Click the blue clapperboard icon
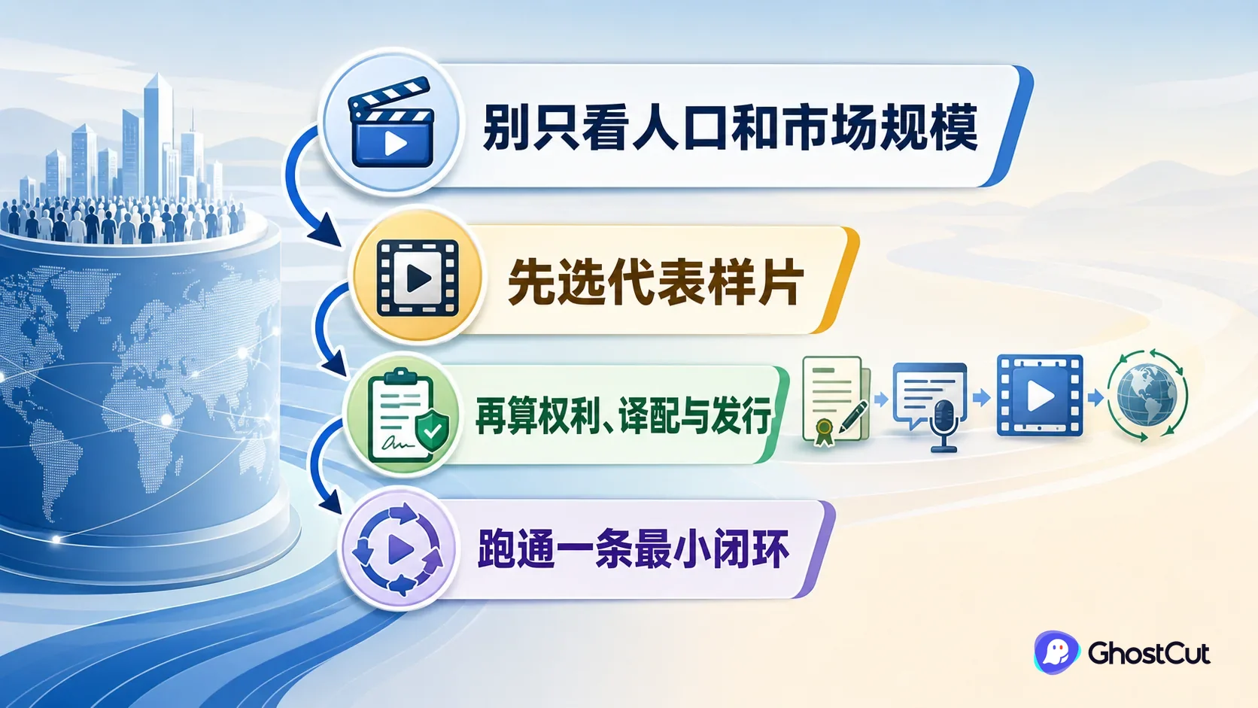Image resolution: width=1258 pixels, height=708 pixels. coord(391,123)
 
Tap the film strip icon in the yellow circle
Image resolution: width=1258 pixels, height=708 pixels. coord(418,278)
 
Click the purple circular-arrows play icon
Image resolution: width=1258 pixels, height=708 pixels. coord(397,548)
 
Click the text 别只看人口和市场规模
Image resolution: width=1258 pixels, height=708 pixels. coord(730,127)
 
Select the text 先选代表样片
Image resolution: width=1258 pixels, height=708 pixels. coord(655,281)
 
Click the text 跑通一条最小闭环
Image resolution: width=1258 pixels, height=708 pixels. coord(634,549)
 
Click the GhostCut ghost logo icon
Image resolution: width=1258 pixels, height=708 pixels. coord(1056,652)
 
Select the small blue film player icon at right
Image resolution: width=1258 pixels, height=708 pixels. coord(1040,395)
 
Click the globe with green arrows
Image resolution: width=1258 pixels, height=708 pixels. coord(1147,395)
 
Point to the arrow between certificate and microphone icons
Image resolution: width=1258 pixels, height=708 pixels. coord(881,400)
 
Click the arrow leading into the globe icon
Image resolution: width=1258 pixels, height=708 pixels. coord(1095,397)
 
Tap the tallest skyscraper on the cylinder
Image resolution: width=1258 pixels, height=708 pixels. coord(158,135)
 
